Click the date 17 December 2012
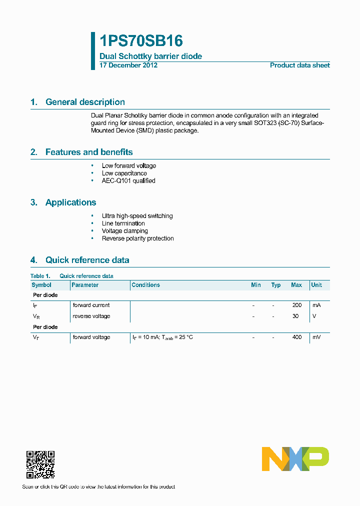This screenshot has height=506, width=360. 128,65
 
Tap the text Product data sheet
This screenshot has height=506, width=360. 299,65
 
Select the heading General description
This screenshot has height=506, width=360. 85,102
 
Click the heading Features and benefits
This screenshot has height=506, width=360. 89,152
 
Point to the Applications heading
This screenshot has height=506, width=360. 70,202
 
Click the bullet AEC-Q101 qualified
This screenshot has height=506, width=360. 128,181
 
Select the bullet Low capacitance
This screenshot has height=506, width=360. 124,173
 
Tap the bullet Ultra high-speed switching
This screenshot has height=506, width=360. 137,216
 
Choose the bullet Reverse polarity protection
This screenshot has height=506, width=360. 138,238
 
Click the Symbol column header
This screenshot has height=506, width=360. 41,285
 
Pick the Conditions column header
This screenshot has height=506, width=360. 146,285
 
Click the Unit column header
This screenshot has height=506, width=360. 316,285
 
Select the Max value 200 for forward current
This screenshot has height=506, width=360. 297,305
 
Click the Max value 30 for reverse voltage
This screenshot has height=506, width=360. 295,316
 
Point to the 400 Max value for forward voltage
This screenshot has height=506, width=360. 297,337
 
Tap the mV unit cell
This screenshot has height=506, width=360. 316,337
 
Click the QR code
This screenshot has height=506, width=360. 40,464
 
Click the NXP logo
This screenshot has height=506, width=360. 295,459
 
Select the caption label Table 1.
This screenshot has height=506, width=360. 40,276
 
